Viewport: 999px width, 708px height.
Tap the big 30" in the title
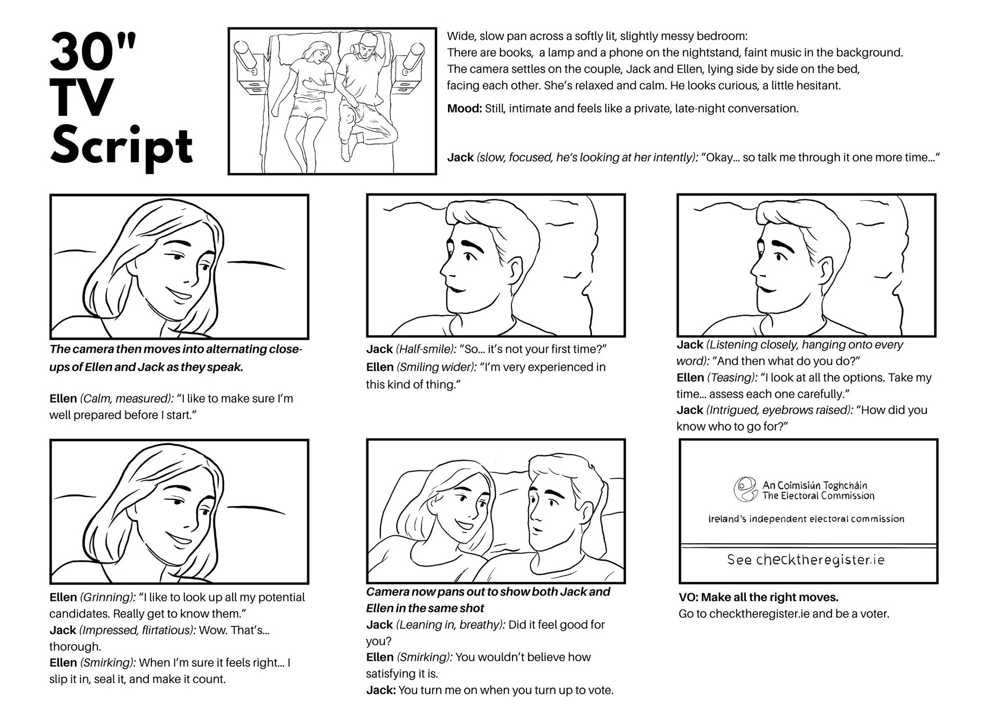(93, 52)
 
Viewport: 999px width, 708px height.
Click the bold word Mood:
(464, 109)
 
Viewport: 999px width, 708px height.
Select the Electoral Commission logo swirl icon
(745, 490)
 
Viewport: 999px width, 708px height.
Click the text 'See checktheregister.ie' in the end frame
(805, 560)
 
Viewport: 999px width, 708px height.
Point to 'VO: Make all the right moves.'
(758, 597)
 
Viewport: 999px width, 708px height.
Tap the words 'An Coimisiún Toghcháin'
(815, 485)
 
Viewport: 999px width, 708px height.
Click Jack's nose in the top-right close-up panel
(754, 268)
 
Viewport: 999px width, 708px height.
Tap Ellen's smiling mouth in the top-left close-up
(180, 294)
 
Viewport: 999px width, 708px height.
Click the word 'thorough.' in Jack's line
(75, 647)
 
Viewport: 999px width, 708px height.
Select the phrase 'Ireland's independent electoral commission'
(806, 519)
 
